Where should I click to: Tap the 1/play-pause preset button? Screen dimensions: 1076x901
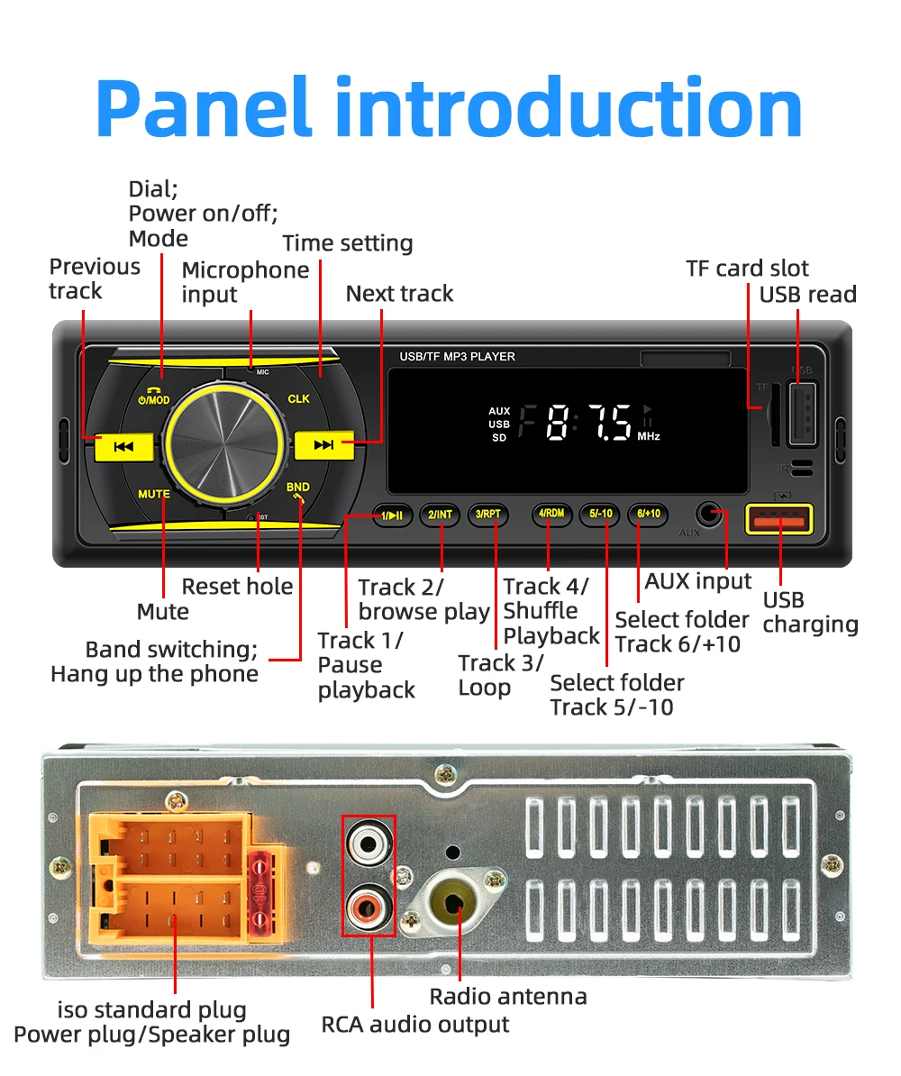click(x=392, y=515)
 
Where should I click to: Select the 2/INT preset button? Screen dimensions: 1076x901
click(x=440, y=515)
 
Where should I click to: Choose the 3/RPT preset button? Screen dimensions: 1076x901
click(x=487, y=515)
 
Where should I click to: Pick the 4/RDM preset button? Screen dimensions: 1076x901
click(x=551, y=515)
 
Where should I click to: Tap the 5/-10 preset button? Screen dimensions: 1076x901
click(x=599, y=515)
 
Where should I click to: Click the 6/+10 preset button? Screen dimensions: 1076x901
click(x=647, y=515)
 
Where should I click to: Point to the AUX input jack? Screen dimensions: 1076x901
click(x=711, y=515)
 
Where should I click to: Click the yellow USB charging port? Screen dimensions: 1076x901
click(x=779, y=521)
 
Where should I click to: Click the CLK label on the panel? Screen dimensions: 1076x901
click(x=298, y=398)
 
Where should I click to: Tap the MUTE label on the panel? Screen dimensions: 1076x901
click(x=154, y=494)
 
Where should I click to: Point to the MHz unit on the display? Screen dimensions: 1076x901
click(x=649, y=436)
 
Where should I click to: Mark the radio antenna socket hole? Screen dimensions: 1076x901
click(x=455, y=901)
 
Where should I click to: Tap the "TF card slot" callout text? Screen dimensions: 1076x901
click(x=747, y=269)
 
